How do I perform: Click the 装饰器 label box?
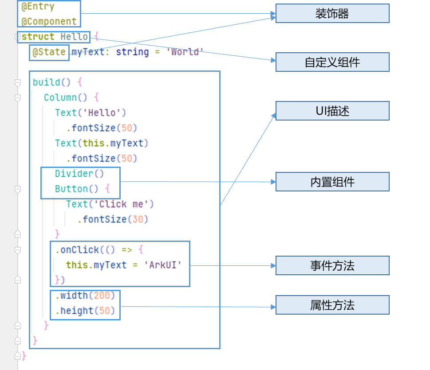tap(332, 13)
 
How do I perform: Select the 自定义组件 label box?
tap(332, 62)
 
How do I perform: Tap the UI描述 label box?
tap(332, 111)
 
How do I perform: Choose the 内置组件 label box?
tap(332, 182)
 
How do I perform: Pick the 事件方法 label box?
tap(332, 265)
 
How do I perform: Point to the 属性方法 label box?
tap(332, 305)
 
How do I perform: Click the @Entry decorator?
tap(38, 7)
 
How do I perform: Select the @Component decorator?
tap(49, 21)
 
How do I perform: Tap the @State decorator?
tap(49, 52)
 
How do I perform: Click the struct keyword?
tap(38, 37)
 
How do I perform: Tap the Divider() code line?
tap(79, 174)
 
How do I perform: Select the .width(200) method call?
tap(85, 296)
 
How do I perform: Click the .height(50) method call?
tap(85, 311)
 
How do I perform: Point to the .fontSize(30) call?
tap(113, 219)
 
